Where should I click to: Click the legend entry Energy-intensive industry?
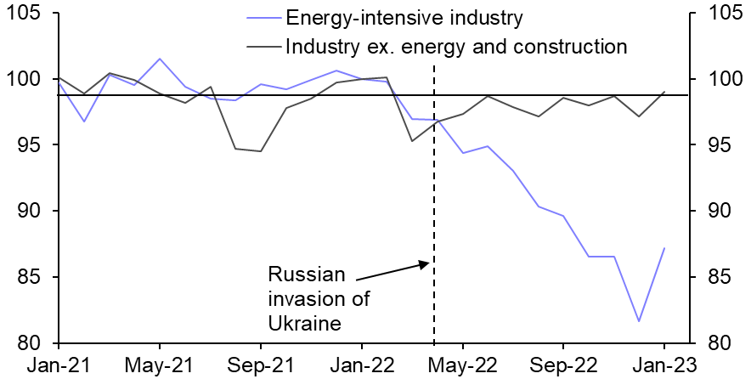click(x=404, y=17)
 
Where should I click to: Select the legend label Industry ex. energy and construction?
click(x=456, y=45)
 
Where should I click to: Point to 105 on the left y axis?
click(x=27, y=14)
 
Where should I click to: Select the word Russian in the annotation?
click(x=308, y=274)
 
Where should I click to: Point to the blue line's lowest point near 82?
click(x=638, y=321)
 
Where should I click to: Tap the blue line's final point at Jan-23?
click(x=663, y=248)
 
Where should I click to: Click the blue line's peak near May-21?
click(x=160, y=59)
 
